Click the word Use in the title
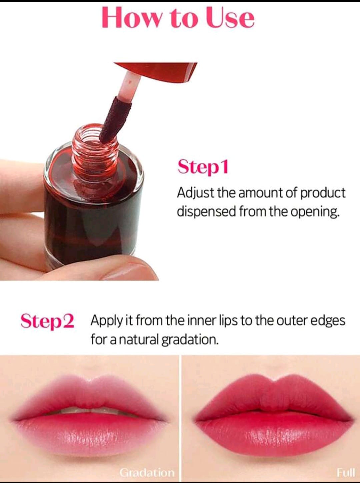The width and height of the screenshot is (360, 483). pos(230,17)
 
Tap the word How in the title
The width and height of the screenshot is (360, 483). pos(131,17)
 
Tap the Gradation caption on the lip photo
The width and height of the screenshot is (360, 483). pos(147,472)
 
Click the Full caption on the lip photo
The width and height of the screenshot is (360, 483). pos(346,472)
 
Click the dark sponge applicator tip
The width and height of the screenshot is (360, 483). pos(114,120)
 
